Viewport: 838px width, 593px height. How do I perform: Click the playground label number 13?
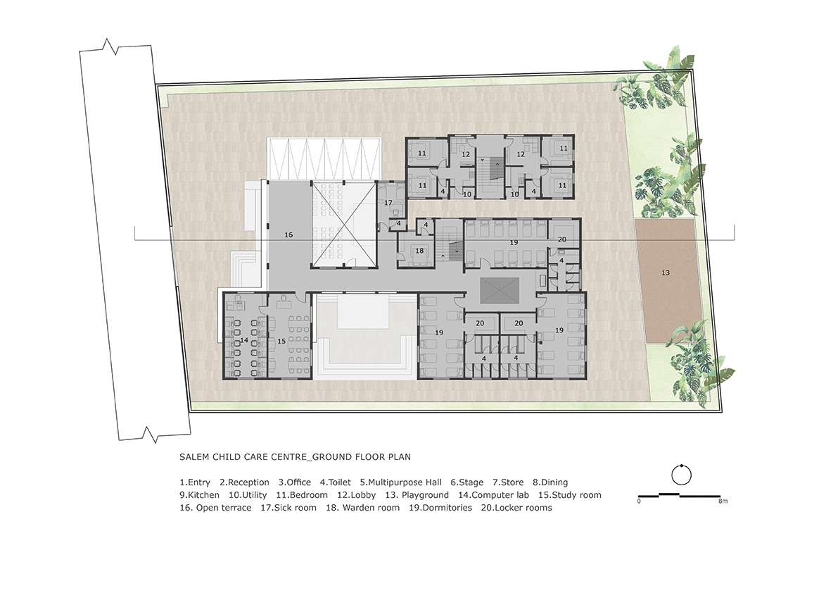666,273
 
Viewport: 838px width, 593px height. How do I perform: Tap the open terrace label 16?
288,235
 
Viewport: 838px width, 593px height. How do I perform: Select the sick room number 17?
388,203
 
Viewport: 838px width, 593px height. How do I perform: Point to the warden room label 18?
419,251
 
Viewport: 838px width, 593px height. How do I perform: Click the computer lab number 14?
244,340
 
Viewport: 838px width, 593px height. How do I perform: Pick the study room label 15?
281,341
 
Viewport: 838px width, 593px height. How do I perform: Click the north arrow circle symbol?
681,474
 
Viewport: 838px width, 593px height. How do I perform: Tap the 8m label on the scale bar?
723,501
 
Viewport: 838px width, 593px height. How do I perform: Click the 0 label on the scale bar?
639,501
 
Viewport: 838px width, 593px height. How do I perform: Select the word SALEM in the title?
194,457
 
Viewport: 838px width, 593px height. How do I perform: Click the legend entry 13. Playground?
417,495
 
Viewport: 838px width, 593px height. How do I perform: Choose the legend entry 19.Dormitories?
440,508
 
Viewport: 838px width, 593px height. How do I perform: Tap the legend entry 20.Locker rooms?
516,508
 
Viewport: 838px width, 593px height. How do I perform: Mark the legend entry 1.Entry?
195,482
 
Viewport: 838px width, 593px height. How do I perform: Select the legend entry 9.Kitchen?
199,495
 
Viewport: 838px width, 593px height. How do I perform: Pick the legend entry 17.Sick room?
288,508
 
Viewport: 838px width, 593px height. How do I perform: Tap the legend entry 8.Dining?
550,482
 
